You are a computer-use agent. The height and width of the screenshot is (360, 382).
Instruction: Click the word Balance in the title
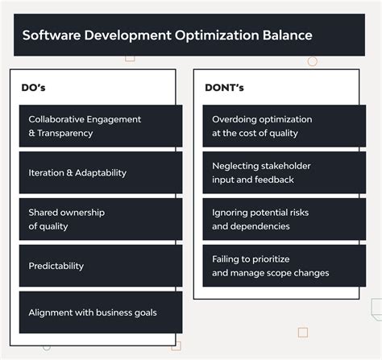[x=284, y=35]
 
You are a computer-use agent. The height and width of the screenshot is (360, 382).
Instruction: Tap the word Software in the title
[x=52, y=35]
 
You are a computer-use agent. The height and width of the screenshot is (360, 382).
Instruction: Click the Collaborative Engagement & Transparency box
[x=101, y=126]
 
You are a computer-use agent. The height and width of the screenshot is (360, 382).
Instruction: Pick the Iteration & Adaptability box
[x=101, y=172]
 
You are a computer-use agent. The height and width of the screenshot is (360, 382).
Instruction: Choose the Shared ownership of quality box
[x=101, y=219]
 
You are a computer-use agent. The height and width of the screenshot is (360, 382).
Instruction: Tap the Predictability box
[x=101, y=266]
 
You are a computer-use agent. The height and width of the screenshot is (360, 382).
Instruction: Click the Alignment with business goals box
[x=101, y=312]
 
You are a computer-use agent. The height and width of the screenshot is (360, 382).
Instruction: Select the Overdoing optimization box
[x=284, y=126]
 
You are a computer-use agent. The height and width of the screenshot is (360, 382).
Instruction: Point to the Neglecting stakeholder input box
[x=284, y=172]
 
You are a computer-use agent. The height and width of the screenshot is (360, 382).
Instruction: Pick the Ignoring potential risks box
[x=284, y=219]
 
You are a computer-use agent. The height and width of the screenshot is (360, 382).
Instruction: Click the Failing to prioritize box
[x=284, y=266]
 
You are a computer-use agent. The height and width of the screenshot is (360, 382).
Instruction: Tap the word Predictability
[x=56, y=266]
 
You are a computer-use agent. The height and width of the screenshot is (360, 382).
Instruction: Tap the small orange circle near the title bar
[x=313, y=61]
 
